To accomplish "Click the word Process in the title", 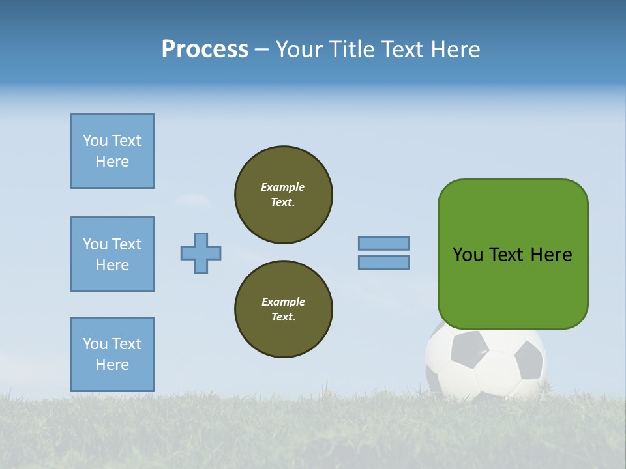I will tap(205, 50).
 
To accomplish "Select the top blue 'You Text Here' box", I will tap(112, 151).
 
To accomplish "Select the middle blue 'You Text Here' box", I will tap(112, 254).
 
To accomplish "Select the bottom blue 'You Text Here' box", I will tap(112, 354).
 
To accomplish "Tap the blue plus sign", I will tap(201, 253).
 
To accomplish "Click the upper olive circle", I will tap(284, 195).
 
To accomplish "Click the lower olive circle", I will tap(284, 309).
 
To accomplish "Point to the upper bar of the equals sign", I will tap(383, 243).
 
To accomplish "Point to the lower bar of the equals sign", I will tap(383, 262).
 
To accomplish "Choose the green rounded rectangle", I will tap(513, 287).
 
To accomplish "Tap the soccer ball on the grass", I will tap(486, 365).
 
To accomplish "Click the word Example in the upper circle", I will tap(282, 187).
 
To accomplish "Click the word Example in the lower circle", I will tap(283, 302).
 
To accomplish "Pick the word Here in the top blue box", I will tap(112, 162).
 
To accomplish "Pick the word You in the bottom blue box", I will tap(95, 344).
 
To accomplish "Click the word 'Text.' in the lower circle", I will tap(283, 317).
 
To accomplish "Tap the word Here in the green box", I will tap(551, 255).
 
